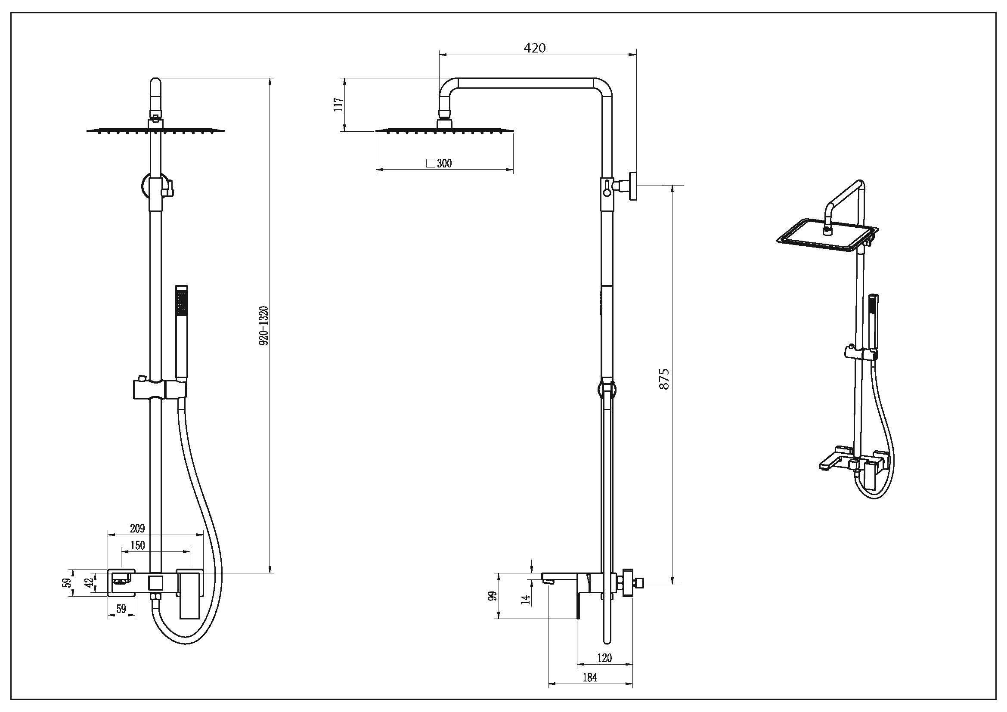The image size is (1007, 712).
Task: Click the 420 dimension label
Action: click(535, 48)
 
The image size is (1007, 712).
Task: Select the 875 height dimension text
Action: click(664, 379)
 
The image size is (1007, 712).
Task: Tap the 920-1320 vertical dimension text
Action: click(263, 326)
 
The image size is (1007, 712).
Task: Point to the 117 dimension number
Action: click(338, 105)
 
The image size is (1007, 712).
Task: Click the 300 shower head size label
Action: click(444, 164)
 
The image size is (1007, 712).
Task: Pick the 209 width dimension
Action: click(137, 529)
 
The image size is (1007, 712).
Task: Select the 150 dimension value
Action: click(138, 546)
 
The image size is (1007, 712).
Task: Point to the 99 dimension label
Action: click(493, 596)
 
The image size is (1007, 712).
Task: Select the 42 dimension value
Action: click(89, 583)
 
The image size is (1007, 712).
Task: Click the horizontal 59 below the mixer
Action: click(121, 609)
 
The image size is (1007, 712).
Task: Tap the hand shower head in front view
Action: click(181, 300)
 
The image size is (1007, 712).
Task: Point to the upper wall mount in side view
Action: click(632, 186)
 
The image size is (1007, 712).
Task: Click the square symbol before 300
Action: click(431, 164)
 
